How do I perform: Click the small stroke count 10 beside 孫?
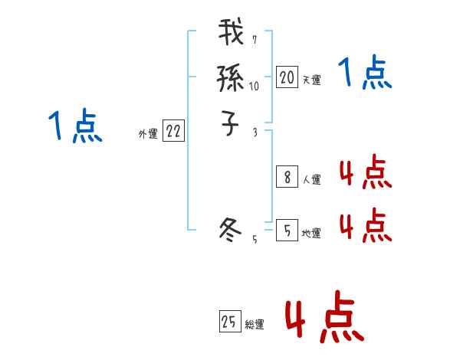tap(255, 87)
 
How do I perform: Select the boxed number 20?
tap(287, 77)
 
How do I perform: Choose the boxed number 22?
tap(173, 132)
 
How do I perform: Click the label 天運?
tap(311, 80)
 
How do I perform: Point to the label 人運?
tap(311, 181)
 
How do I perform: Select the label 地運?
tap(311, 233)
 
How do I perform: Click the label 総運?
tap(254, 325)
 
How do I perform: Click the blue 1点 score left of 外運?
tap(74, 126)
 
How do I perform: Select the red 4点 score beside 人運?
tap(365, 173)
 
